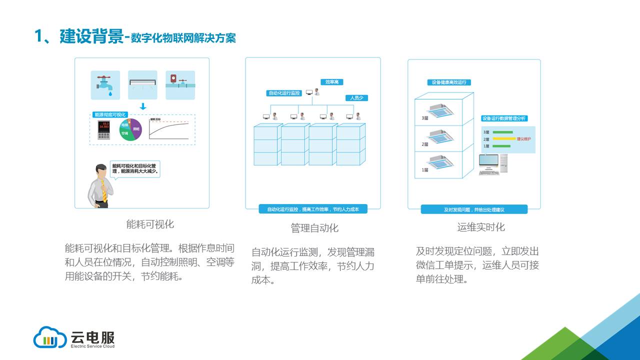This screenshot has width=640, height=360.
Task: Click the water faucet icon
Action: [x=105, y=85]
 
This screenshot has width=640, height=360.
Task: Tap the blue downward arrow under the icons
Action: [x=142, y=106]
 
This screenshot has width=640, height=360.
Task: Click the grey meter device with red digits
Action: [x=104, y=130]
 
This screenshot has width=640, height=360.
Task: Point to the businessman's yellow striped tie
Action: [x=104, y=190]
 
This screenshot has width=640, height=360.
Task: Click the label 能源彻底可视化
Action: [x=110, y=114]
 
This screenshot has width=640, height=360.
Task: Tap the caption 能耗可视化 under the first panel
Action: [x=150, y=224]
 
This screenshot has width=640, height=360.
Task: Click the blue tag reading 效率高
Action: [x=331, y=82]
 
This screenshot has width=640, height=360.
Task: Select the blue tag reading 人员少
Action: [x=356, y=98]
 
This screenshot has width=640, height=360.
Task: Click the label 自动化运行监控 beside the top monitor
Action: [x=284, y=93]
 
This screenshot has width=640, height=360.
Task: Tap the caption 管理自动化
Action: [x=314, y=228]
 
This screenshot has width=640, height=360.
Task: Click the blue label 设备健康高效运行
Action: [x=449, y=82]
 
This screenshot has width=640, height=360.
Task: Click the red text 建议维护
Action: [x=524, y=138]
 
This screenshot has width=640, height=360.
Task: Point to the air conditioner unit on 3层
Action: [x=439, y=111]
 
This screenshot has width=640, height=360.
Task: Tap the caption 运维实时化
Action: [x=481, y=227]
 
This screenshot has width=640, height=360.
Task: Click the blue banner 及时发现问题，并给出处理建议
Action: [x=473, y=209]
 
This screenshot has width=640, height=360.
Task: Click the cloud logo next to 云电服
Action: [x=50, y=337]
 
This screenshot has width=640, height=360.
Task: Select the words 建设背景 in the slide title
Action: [x=91, y=36]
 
